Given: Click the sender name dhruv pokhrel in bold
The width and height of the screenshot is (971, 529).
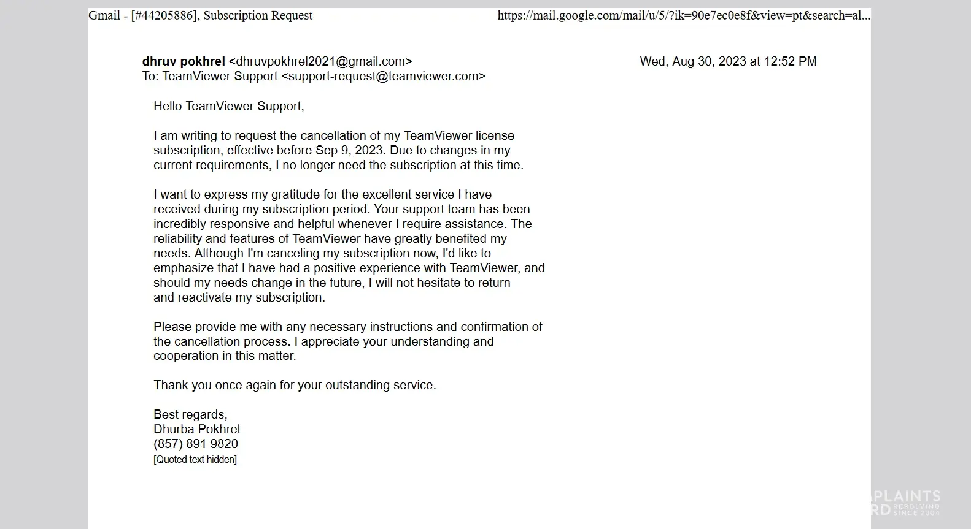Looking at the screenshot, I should point(184,61).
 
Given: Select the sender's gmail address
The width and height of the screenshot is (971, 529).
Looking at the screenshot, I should point(320,61).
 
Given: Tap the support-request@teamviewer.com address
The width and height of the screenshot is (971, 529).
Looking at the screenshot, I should point(383,76).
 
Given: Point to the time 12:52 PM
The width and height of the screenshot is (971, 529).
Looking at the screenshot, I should point(790,61).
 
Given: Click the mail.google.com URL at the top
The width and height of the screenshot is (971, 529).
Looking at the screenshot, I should point(683,15).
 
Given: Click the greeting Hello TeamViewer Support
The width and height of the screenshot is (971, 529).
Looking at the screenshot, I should point(228,106).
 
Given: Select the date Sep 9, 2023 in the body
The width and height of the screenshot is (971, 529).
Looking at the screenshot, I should point(349,150).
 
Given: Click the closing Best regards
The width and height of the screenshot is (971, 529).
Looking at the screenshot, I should point(190,414).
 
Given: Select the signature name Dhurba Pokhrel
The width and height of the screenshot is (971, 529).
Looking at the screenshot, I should point(196,429).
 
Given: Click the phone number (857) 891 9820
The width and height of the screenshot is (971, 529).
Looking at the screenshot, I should point(196,444).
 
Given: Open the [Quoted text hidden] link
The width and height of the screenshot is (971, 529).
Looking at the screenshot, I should point(195,459).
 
